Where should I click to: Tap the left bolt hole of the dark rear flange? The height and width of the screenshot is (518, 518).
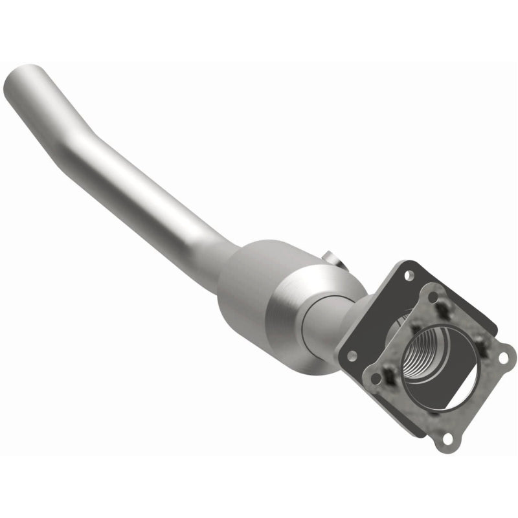pos(354,355)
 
